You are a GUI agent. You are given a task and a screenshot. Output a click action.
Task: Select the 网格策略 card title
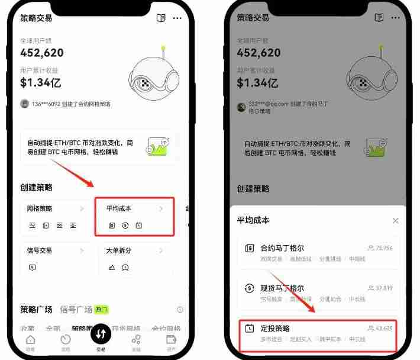pyautogui.click(x=40, y=209)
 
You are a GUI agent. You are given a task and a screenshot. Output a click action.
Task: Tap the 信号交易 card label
pyautogui.click(x=40, y=250)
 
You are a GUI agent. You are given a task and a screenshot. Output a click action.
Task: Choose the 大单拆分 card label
pyautogui.click(x=119, y=250)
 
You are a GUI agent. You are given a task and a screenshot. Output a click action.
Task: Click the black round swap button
pyautogui.click(x=101, y=335)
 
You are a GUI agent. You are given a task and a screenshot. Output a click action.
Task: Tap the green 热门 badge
pyautogui.click(x=102, y=310)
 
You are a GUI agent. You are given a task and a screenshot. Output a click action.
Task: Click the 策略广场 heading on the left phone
pyautogui.click(x=37, y=310)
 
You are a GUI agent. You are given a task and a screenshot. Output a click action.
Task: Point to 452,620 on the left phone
pyautogui.click(x=42, y=52)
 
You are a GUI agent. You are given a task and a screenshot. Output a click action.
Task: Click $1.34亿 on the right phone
pyautogui.click(x=257, y=82)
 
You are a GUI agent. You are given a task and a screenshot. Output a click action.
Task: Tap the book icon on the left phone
pyautogui.click(x=161, y=18)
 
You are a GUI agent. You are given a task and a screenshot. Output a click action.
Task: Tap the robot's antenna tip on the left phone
pyautogui.click(x=163, y=48)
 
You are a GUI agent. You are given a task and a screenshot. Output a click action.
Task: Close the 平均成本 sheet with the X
pyautogui.click(x=395, y=220)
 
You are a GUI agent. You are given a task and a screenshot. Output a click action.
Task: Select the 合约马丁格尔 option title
pyautogui.click(x=282, y=248)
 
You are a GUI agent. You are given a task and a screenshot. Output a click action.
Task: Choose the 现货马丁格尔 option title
pyautogui.click(x=282, y=288)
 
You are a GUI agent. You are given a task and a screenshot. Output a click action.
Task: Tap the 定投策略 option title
pyautogui.click(x=275, y=328)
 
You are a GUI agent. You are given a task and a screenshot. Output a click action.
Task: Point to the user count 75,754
pyautogui.click(x=384, y=248)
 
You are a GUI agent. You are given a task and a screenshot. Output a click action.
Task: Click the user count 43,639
pyautogui.click(x=384, y=328)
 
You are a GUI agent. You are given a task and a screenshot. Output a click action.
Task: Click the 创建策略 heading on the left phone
pyautogui.click(x=36, y=188)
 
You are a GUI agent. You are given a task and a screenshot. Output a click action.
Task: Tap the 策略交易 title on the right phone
pyautogui.click(x=253, y=18)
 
